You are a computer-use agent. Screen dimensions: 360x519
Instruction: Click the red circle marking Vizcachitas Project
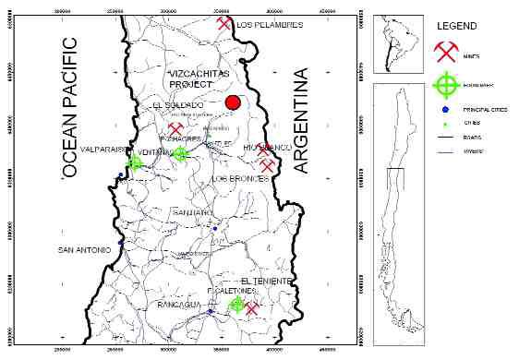click(x=234, y=103)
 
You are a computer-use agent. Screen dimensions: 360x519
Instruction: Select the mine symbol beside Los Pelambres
click(x=224, y=21)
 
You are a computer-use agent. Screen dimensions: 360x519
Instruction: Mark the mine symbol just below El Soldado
click(x=175, y=129)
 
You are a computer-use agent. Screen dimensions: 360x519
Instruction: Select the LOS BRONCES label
click(x=238, y=178)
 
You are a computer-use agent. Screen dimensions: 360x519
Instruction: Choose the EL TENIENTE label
click(x=266, y=280)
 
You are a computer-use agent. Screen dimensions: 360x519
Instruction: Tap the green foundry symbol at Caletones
click(x=237, y=304)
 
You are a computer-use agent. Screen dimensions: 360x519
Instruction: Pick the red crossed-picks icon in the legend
click(x=446, y=51)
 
